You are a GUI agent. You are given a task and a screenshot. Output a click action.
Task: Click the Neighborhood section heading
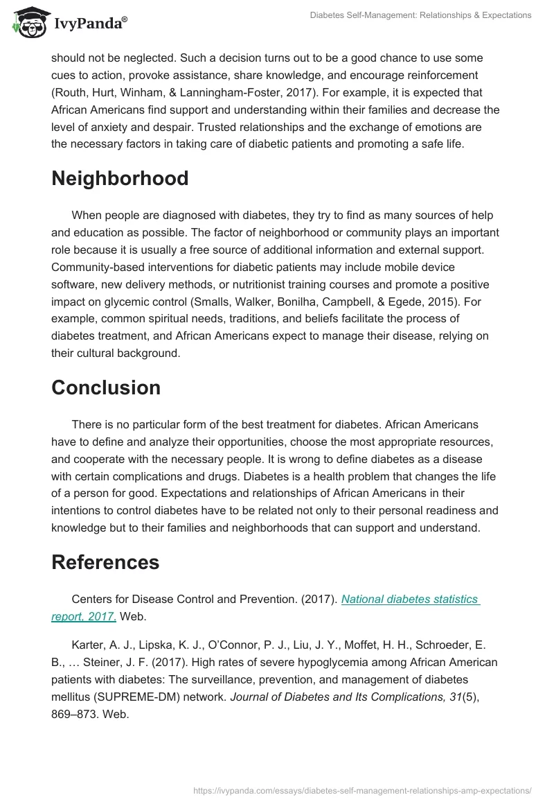(120, 178)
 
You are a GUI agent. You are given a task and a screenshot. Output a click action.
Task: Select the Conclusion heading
(106, 387)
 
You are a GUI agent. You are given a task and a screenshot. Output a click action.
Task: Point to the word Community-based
(96, 267)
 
